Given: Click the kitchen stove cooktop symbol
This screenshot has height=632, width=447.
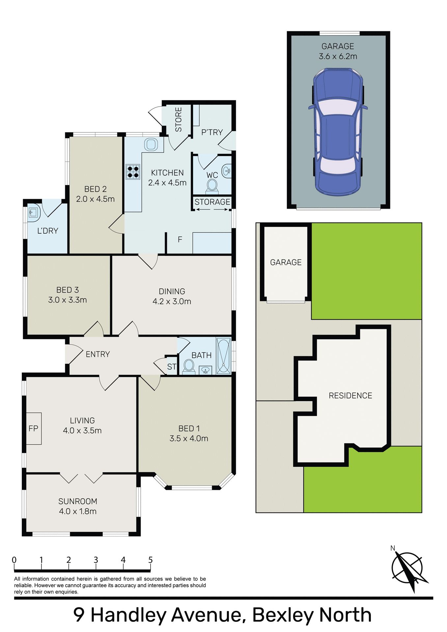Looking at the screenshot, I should pos(133,171).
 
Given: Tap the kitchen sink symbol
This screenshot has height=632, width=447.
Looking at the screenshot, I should pos(151,145).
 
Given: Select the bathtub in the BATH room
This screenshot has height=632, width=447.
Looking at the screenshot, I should pos(224,356).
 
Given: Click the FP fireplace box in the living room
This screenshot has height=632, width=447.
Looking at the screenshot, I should pos(34,428).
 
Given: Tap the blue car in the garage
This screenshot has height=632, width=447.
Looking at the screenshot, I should pos(338,132).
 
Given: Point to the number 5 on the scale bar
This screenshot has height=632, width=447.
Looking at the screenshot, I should pos(150,560).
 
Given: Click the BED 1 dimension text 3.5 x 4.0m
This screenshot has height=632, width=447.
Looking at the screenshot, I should pos(189,438).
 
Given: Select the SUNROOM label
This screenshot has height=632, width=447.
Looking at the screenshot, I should pos(78,501).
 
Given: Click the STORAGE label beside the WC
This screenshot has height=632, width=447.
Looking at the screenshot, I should pos(212,202).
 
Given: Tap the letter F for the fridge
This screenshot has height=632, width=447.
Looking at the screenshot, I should pos(180,239).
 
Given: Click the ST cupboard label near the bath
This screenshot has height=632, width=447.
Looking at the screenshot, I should pos(172,367).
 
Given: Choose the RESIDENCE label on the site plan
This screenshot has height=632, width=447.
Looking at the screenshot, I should pos(350,396).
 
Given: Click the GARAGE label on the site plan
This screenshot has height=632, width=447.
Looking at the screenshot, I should pos(286,262).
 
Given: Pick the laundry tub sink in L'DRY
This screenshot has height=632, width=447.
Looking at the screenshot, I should pos(33,213).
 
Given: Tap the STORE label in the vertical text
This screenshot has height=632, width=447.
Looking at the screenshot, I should pos(178,119).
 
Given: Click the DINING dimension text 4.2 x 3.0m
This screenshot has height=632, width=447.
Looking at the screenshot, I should pos(172,301).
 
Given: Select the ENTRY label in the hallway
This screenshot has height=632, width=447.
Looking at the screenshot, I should pos(98,354).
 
